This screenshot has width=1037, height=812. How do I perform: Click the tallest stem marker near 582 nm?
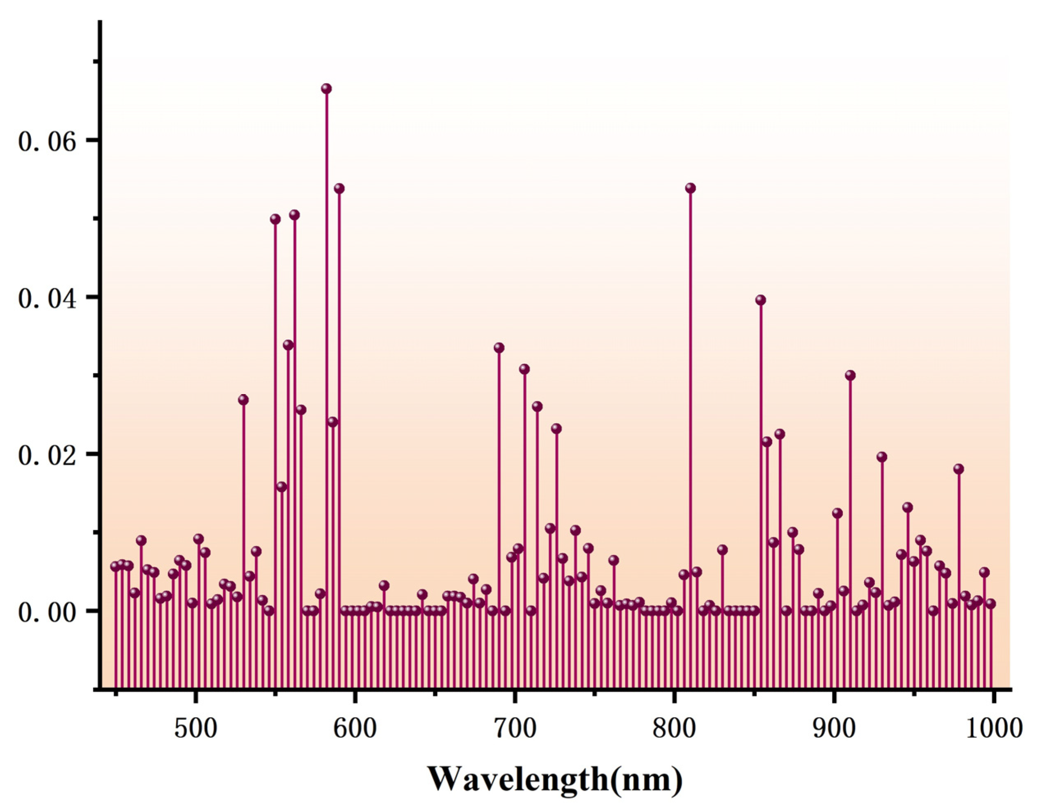click(x=326, y=89)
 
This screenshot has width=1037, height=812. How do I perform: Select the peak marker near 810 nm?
click(x=690, y=188)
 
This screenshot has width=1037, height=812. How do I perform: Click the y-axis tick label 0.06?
click(x=47, y=141)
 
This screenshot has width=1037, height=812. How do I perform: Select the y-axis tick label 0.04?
click(x=47, y=299)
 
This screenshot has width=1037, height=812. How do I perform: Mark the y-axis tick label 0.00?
click(x=47, y=612)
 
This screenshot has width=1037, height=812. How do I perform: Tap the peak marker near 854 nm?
click(x=761, y=300)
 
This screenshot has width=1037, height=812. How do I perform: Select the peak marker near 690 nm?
click(x=499, y=348)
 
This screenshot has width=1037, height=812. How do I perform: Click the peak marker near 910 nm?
click(x=850, y=376)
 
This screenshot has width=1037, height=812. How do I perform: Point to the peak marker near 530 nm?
click(x=243, y=400)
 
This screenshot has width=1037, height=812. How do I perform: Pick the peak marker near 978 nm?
click(x=959, y=469)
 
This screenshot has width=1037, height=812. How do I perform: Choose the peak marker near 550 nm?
click(x=275, y=219)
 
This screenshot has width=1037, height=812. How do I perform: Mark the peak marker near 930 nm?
click(x=882, y=457)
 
